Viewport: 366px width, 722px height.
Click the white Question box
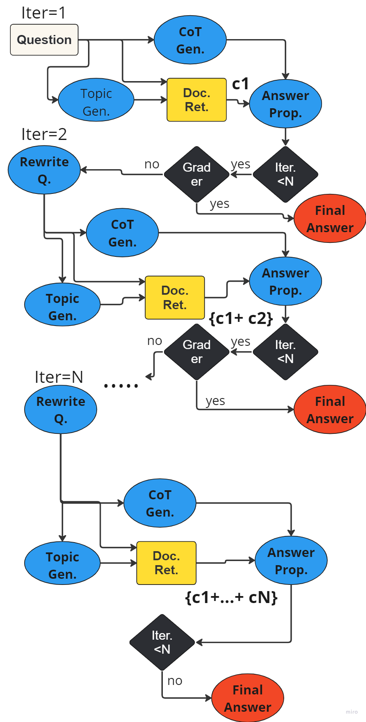click(x=44, y=40)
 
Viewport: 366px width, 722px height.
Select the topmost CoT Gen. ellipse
click(x=190, y=40)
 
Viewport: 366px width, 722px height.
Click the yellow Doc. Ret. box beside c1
click(x=197, y=100)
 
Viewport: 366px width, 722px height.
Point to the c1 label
click(x=240, y=84)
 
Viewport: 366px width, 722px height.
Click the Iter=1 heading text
click(x=43, y=13)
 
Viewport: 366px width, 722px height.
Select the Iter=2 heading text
click(x=44, y=134)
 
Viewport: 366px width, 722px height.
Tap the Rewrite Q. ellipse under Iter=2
click(x=44, y=170)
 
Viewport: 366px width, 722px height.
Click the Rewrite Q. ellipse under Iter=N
click(x=60, y=410)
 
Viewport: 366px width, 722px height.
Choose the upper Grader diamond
click(x=197, y=174)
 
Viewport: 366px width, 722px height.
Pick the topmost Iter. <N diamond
click(x=285, y=174)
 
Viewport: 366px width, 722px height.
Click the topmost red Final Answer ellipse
click(x=330, y=219)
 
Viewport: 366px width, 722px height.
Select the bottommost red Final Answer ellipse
click(x=248, y=698)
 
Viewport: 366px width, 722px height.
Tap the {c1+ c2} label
click(x=241, y=318)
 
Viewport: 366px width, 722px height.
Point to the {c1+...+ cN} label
click(x=232, y=597)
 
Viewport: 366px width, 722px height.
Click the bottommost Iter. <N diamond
click(x=162, y=642)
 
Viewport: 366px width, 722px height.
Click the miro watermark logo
click(x=352, y=712)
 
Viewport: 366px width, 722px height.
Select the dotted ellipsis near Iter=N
click(x=121, y=386)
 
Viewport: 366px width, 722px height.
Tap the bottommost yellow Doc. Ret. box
click(x=166, y=563)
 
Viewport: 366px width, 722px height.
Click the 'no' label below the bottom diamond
click(x=175, y=681)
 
